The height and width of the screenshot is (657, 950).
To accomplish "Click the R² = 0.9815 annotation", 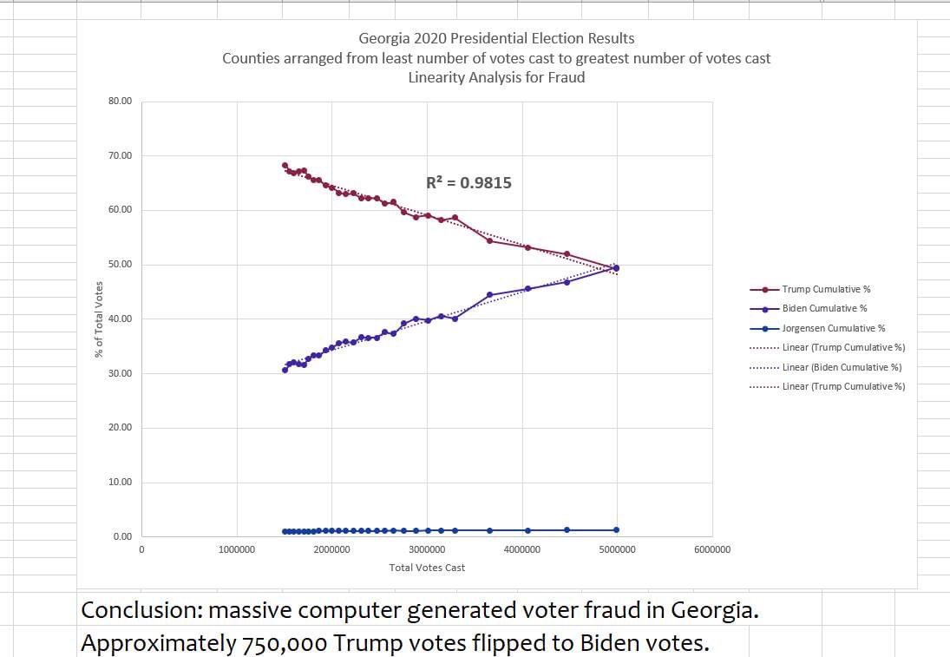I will (468, 183).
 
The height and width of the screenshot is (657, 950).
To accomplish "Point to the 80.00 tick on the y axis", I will (121, 102).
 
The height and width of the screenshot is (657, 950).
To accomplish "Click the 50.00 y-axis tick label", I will (121, 265).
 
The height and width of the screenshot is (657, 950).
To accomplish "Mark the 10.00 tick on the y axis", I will (121, 483).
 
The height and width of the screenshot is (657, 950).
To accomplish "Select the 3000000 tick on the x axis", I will (427, 549).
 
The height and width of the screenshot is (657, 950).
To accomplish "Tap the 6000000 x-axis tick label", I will (712, 549).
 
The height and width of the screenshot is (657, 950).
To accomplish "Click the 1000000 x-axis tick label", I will (237, 549).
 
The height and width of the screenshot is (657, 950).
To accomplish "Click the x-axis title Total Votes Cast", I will (427, 568).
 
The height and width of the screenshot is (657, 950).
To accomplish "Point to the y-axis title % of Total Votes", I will (99, 319).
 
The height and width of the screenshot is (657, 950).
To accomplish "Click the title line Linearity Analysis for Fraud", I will (496, 77).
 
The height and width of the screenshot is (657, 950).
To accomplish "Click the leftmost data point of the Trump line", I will (285, 165).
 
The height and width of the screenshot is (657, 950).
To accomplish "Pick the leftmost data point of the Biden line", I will (285, 370).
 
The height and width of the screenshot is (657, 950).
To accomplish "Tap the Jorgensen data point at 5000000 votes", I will (617, 529).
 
